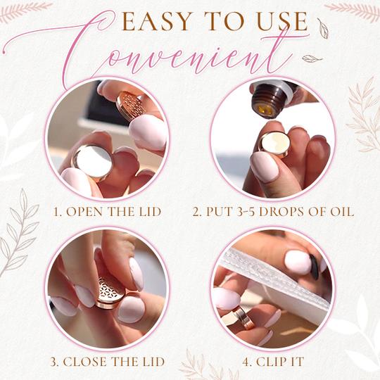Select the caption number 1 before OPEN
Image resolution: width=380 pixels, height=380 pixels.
point(57,212)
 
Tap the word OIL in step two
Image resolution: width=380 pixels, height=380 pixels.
point(342,212)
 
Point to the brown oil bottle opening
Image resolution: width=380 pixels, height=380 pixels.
point(266,110)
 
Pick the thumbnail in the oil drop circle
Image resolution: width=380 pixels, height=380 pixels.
point(265,167)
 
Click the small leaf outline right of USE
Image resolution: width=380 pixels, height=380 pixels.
point(324,29)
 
